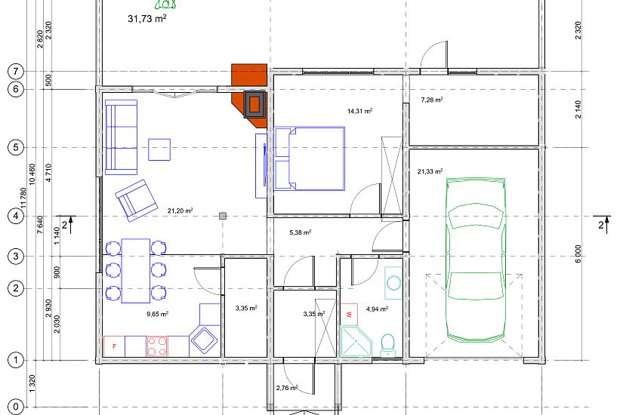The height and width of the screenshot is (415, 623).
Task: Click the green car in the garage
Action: (476, 260)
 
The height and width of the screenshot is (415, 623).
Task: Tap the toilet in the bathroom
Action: (387, 346)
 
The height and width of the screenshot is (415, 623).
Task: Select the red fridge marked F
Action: (114, 346)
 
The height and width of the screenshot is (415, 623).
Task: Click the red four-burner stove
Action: (157, 346)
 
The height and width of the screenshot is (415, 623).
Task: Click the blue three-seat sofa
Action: (121, 137)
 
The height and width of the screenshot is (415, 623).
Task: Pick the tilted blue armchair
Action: (136, 201)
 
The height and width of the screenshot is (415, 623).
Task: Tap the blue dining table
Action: (136, 271)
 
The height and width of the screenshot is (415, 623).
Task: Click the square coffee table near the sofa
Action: (159, 149)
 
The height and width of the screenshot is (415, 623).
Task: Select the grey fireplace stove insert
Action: (254, 104)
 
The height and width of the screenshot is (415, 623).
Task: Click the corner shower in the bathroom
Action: (356, 341)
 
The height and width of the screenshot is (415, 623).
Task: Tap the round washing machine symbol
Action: (393, 283)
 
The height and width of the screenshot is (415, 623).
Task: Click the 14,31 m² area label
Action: (359, 111)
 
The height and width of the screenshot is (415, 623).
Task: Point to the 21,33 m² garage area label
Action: (430, 171)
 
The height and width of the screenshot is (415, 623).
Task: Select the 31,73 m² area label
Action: (147, 19)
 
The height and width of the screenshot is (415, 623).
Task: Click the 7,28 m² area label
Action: (432, 100)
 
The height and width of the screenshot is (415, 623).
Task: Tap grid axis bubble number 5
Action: (16, 148)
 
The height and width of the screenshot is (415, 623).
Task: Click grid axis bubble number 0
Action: (16, 407)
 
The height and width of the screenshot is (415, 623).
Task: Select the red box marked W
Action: (349, 315)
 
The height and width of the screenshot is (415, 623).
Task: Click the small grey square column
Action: (223, 216)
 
